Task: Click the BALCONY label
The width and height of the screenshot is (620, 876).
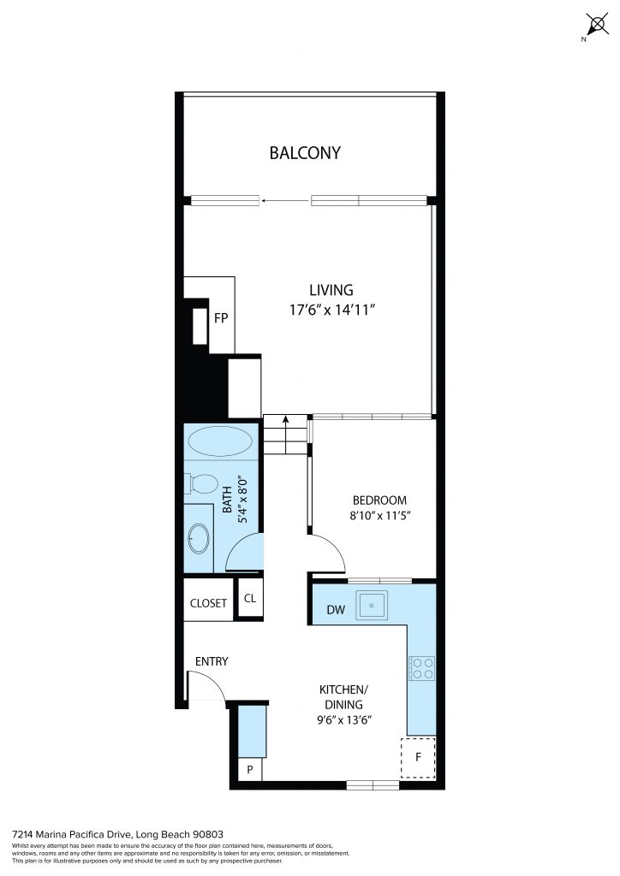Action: (x=305, y=152)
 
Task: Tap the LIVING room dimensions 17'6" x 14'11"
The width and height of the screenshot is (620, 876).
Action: (x=331, y=310)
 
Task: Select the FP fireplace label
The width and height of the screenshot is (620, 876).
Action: (x=221, y=318)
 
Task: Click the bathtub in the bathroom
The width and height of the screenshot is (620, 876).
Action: (x=220, y=441)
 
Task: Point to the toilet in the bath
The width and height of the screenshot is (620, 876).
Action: (x=201, y=483)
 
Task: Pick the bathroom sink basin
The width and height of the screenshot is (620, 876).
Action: (x=199, y=539)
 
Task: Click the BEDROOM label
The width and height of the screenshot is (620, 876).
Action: (x=379, y=500)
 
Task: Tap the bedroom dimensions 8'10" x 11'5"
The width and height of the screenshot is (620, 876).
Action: (x=380, y=515)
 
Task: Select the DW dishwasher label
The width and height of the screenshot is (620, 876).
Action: (x=336, y=609)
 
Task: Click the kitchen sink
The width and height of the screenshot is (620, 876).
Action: (x=371, y=605)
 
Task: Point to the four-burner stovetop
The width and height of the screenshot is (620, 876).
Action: (x=422, y=668)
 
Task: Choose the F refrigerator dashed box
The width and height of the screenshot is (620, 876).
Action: (x=418, y=758)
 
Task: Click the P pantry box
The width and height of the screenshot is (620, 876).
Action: (x=250, y=769)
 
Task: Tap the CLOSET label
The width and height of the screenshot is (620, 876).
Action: (x=208, y=603)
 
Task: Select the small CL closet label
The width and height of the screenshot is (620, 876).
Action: (x=250, y=598)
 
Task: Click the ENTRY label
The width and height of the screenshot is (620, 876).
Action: (x=212, y=661)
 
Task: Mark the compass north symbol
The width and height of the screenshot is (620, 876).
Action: (x=597, y=25)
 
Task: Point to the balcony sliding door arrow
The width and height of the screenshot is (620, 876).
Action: (x=285, y=200)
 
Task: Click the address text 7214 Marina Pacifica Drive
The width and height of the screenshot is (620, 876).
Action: (x=72, y=835)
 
